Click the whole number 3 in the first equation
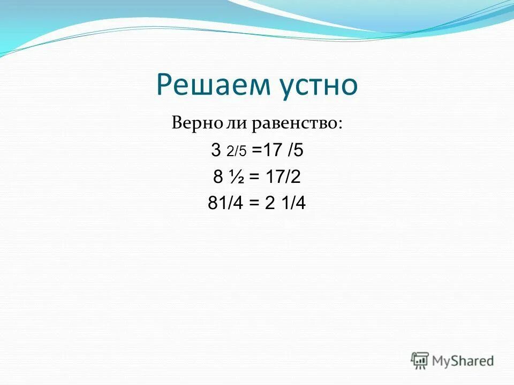click(x=216, y=151)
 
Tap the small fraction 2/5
click(x=236, y=152)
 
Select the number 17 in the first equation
click(x=271, y=151)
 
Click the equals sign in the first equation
click(x=255, y=151)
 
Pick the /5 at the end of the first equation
click(x=296, y=151)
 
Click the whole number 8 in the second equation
click(x=218, y=177)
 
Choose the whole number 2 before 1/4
click(x=269, y=203)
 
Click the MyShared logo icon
click(x=420, y=360)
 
